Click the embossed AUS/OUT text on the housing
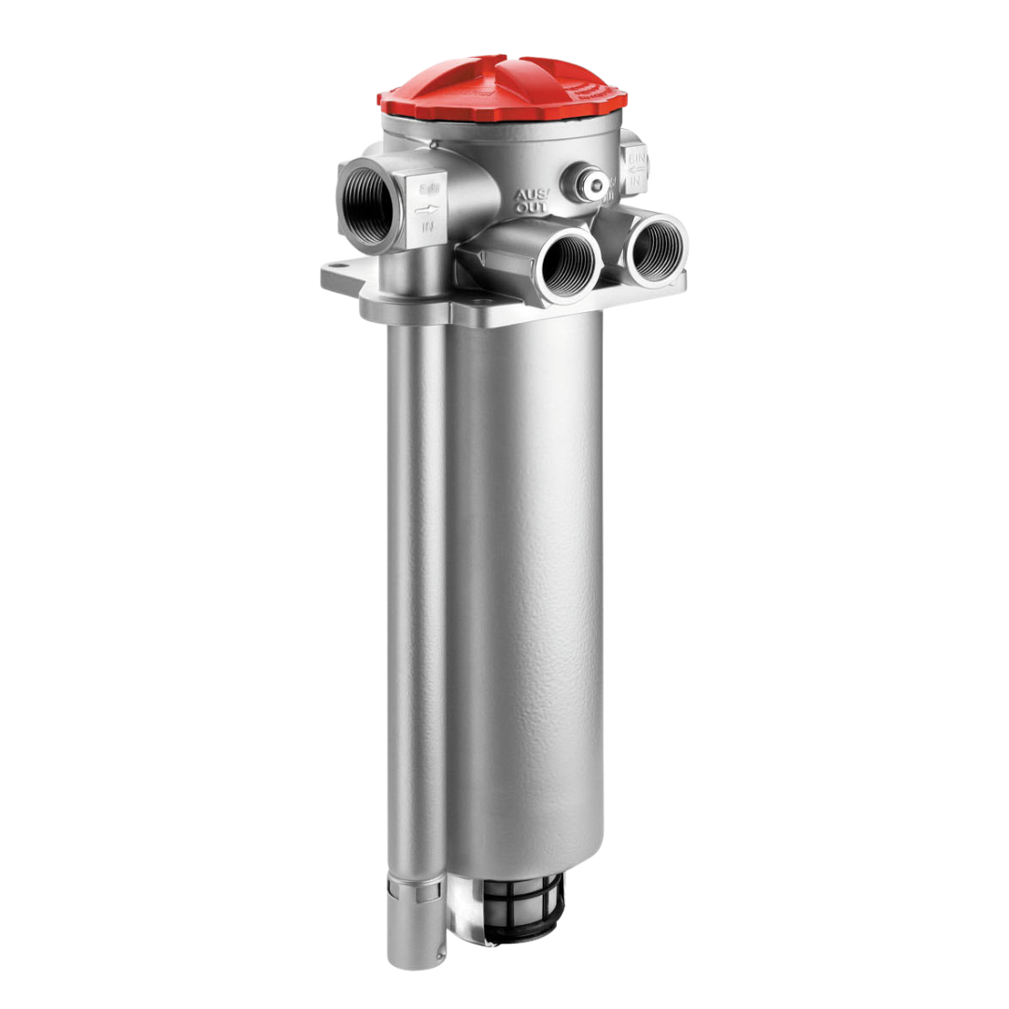(x=533, y=199)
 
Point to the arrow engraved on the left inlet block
(x=426, y=209)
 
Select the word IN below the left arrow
(x=428, y=226)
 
